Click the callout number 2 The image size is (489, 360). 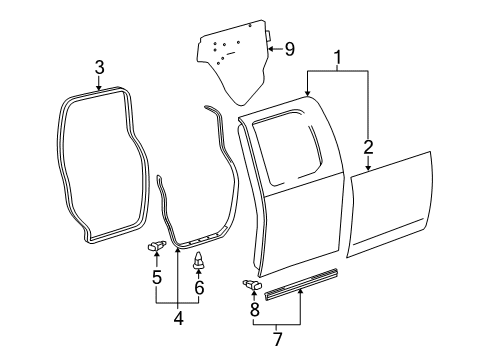pyautogui.click(x=369, y=149)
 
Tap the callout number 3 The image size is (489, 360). pyautogui.click(x=99, y=68)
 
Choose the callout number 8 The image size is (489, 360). pyautogui.click(x=254, y=310)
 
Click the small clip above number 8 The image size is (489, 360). pyautogui.click(x=251, y=287)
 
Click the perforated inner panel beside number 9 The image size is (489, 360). pyautogui.click(x=235, y=61)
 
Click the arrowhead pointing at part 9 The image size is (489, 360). pyautogui.click(x=273, y=47)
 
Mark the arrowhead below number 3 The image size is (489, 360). pyautogui.click(x=99, y=86)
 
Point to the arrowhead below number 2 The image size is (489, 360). pyautogui.click(x=369, y=169)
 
